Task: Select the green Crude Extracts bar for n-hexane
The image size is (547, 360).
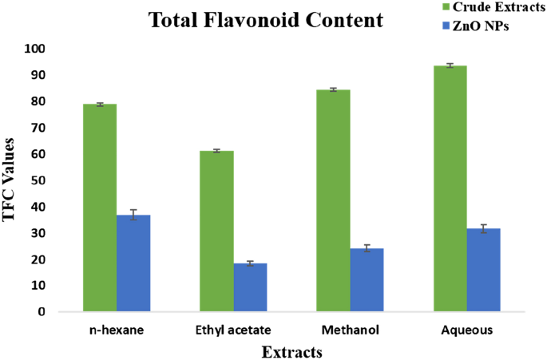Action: pyautogui.click(x=101, y=208)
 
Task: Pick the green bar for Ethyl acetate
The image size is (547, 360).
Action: pyautogui.click(x=217, y=231)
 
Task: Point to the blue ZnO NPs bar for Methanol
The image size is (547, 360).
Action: pyautogui.click(x=367, y=279)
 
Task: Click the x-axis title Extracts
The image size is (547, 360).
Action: pyautogui.click(x=291, y=351)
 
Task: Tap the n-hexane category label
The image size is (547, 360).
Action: pyautogui.click(x=117, y=330)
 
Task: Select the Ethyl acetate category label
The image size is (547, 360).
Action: pyautogui.click(x=233, y=330)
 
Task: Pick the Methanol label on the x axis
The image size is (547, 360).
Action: pyautogui.click(x=350, y=330)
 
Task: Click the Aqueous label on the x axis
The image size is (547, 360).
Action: pyautogui.click(x=466, y=330)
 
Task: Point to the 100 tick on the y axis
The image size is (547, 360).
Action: pyautogui.click(x=34, y=49)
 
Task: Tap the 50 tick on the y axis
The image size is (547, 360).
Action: pyautogui.click(x=38, y=180)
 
